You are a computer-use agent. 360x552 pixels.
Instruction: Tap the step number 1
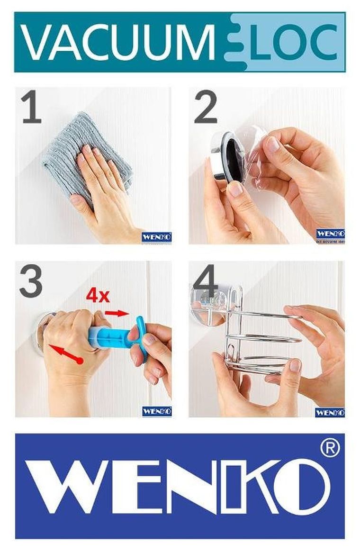click(31, 108)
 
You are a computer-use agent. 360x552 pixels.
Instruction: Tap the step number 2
click(206, 108)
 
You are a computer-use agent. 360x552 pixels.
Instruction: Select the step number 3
click(31, 282)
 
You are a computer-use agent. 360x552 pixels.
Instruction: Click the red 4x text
click(98, 296)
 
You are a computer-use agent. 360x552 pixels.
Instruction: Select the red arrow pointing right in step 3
click(117, 313)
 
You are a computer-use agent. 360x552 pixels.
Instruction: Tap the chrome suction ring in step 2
click(223, 156)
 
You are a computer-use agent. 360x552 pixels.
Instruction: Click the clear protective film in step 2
click(258, 152)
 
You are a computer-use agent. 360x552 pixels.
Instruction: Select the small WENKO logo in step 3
click(156, 411)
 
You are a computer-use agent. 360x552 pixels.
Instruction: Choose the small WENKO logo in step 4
click(330, 412)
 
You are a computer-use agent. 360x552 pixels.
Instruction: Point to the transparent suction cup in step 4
click(208, 303)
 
